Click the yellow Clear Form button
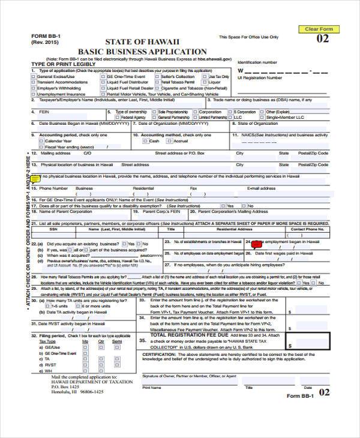click(x=319, y=29)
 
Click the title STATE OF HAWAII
click(x=142, y=41)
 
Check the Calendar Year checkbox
click(x=41, y=141)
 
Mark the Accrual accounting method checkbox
click(x=160, y=141)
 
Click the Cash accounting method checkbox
click(x=146, y=141)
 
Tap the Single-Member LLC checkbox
click(x=263, y=118)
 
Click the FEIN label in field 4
click(x=44, y=112)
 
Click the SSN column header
click(x=53, y=229)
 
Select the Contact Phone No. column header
click(x=307, y=229)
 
